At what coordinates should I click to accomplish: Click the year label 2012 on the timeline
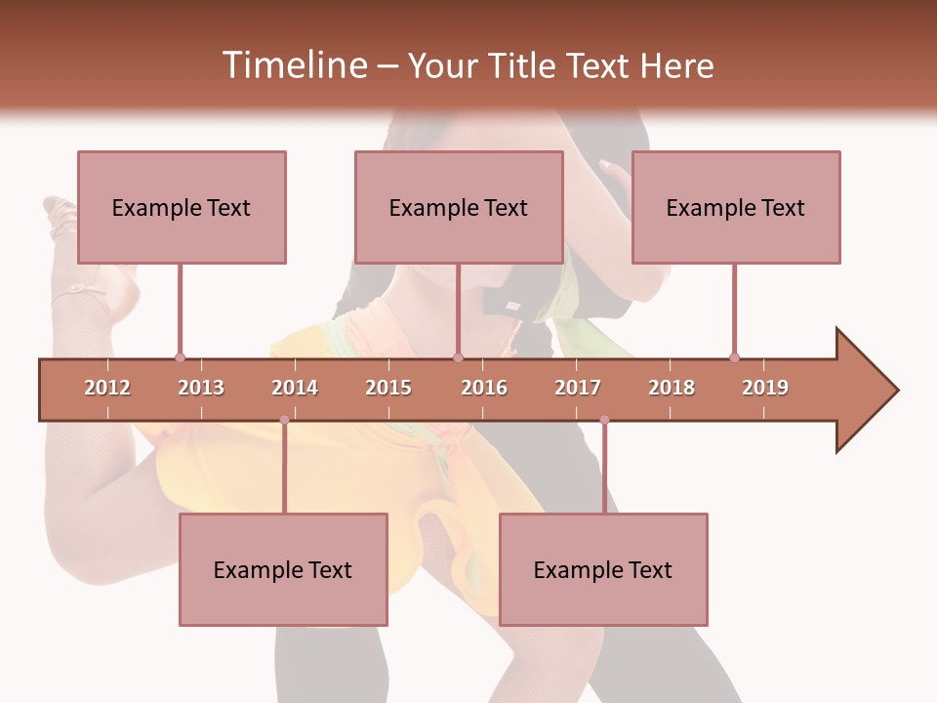107,388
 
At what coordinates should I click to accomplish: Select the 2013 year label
201,388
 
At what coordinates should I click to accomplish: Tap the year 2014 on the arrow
295,388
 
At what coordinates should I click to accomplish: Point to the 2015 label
388,388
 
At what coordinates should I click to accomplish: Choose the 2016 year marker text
484,388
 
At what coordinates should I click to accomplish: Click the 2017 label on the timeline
578,388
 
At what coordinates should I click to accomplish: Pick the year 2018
672,388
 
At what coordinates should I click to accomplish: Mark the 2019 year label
765,388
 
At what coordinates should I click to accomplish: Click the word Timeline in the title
293,65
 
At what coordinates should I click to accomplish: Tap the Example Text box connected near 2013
182,207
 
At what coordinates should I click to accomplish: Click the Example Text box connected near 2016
459,207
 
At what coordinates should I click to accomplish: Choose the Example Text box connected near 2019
736,207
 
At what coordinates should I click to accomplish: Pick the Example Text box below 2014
283,569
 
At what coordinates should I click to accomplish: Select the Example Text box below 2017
603,569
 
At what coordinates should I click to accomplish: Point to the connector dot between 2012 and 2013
180,357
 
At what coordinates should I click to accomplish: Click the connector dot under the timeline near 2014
284,420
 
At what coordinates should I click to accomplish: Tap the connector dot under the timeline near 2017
604,420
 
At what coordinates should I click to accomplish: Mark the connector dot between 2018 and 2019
734,357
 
